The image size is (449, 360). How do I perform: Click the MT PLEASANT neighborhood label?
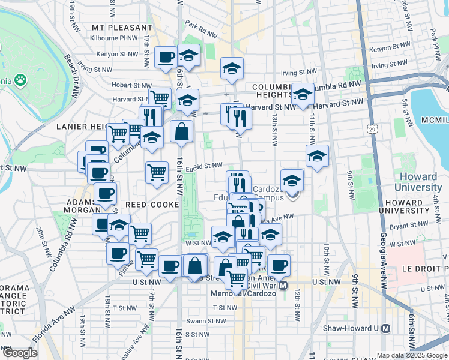(x=122, y=28)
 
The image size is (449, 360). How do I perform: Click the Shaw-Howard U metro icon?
(x=385, y=328)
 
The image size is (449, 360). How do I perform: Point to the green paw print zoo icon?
(x=20, y=79)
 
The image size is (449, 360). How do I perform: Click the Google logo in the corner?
(x=19, y=353)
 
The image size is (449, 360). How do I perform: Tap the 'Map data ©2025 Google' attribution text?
(x=412, y=355)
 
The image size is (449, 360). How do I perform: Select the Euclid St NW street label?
(x=204, y=166)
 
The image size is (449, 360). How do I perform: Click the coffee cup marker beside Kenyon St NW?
(x=166, y=58)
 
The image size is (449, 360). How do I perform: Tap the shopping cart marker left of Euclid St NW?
(x=157, y=172)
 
